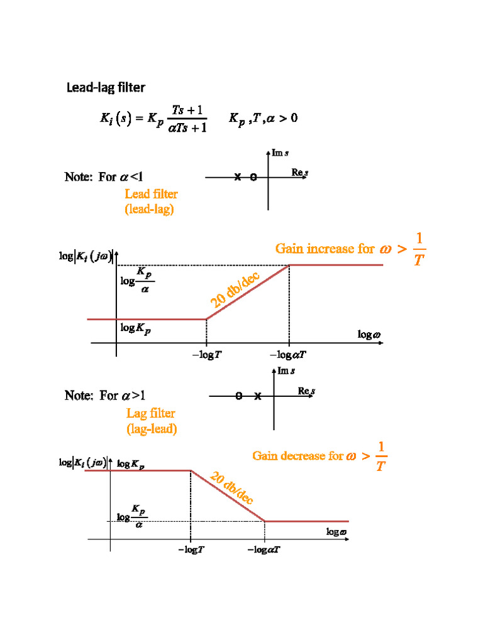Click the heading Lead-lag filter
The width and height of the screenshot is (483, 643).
point(106,87)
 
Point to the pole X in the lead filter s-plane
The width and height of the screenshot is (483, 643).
point(238,178)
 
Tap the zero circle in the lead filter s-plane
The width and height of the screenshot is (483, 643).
point(253,178)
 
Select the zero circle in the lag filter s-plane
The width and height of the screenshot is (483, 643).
point(239,396)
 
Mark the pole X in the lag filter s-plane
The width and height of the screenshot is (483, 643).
point(258,396)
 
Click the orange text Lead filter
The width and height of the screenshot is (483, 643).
point(151,194)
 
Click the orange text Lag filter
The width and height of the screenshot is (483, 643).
point(151,413)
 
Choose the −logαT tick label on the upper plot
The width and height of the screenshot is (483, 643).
point(289,355)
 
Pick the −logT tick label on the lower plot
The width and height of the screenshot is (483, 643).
point(191,550)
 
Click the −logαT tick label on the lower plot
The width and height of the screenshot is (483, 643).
point(264,550)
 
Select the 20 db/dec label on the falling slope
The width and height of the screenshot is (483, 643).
point(232,488)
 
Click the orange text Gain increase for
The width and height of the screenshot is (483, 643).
point(324,249)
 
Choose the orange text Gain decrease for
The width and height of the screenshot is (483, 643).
point(297,456)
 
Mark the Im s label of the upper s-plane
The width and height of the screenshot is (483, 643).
point(280,153)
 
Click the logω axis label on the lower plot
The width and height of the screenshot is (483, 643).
point(336,532)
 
